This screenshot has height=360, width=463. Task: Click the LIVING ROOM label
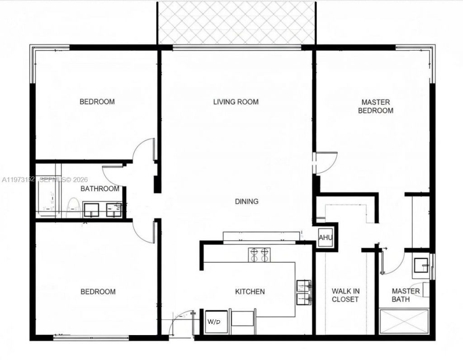236,102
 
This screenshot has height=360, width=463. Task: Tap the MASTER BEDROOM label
375,106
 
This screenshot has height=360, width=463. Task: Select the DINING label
246,201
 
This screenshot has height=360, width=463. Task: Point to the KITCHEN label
250,292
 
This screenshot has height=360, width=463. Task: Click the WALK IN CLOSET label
345,295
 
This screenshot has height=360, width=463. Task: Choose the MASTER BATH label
406,295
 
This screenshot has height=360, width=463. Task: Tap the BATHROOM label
100,189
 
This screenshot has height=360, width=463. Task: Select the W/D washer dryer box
214,322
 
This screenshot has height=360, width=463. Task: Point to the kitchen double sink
303,292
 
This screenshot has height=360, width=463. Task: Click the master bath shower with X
404,322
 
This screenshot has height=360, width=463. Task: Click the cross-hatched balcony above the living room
236,23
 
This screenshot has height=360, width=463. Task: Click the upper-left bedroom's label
97,102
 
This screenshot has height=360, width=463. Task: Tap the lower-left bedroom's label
98,292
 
